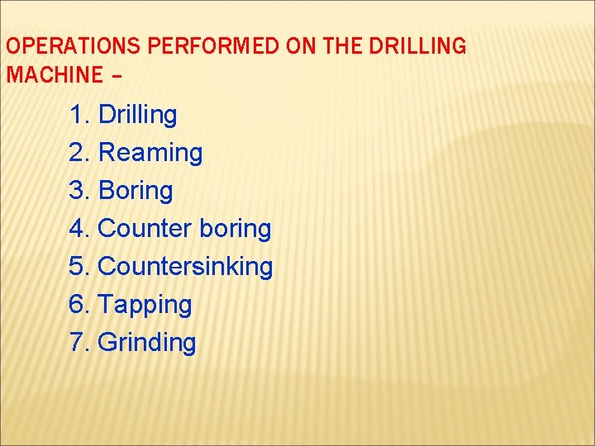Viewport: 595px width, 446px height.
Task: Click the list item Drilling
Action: tap(137, 115)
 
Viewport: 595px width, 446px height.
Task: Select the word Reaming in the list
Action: tap(150, 153)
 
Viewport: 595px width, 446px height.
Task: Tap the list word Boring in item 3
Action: tap(136, 191)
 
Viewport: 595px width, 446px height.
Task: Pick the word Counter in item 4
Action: tap(145, 229)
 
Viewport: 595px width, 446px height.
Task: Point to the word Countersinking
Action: tap(185, 267)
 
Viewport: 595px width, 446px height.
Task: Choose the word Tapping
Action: tap(145, 305)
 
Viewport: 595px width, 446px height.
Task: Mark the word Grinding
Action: tap(147, 343)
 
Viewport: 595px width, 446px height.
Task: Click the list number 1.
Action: tap(79, 115)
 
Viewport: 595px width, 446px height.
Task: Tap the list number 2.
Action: tap(79, 153)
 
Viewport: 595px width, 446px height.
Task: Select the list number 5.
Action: tap(79, 267)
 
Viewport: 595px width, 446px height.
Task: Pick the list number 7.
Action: tap(79, 343)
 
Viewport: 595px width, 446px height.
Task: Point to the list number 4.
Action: tap(79, 229)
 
